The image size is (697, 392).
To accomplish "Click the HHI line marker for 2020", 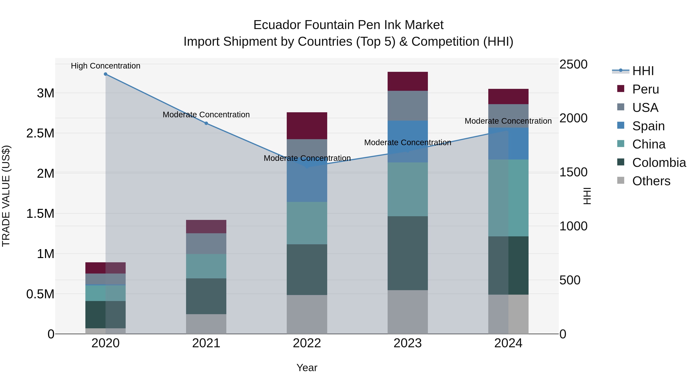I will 106,74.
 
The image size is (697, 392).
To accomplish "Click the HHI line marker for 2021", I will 206,123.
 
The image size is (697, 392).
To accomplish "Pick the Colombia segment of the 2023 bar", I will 408,253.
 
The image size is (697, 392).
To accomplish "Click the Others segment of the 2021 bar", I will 206,324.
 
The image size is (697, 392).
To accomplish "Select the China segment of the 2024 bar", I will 508,198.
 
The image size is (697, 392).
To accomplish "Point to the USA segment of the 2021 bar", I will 206,244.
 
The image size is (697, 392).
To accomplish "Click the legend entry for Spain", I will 648,126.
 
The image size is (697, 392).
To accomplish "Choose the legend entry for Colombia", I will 659,163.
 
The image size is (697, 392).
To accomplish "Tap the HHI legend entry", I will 643,71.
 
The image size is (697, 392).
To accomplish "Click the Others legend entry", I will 651,181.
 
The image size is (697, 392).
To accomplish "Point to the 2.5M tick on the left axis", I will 40,133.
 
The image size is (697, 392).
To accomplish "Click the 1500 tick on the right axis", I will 573,172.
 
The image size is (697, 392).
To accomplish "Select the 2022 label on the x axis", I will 307,343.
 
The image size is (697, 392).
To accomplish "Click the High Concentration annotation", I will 106,66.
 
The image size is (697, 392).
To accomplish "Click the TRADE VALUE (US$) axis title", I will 6,196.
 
